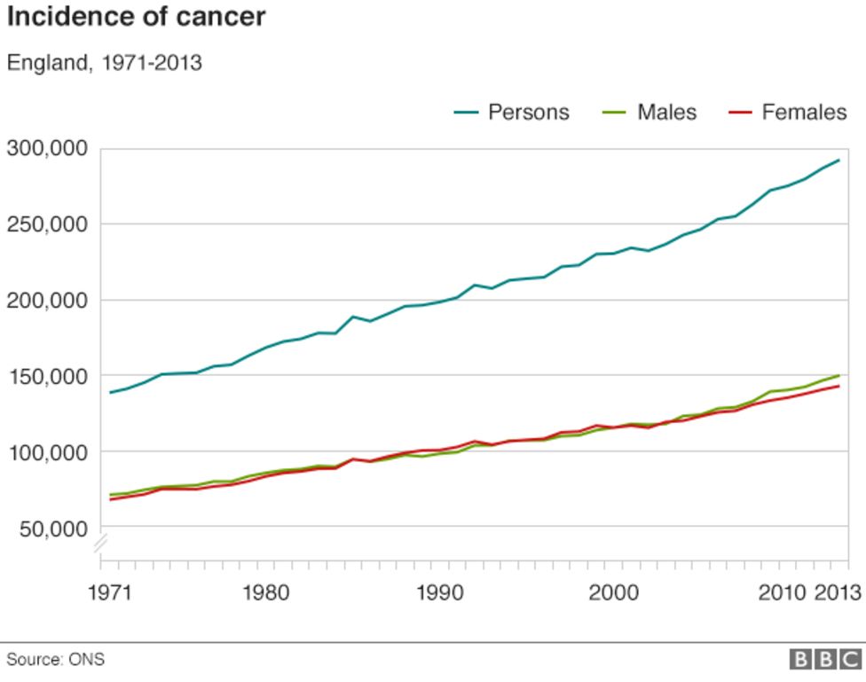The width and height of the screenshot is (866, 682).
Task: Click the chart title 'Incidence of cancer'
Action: coord(136,17)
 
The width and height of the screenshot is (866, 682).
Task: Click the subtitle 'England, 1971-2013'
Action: coord(105,64)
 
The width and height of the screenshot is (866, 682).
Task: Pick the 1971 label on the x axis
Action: coord(110,592)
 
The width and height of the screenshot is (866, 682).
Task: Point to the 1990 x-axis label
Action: coord(440,592)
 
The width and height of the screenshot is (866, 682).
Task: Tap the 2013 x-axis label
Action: coord(838,592)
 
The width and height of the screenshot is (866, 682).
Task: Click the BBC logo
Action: coord(825,659)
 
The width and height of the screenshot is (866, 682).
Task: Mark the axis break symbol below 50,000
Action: coord(101,543)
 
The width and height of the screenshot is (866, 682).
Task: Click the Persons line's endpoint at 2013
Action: coord(838,161)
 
